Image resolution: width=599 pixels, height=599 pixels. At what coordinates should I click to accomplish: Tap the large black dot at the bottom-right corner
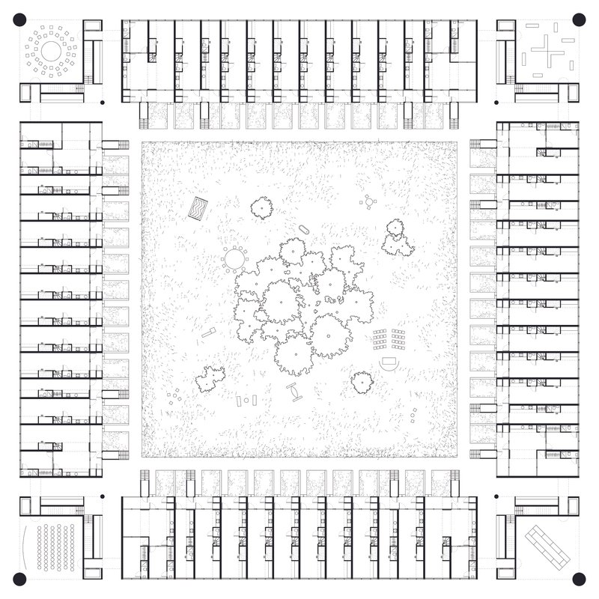pyautogui.click(x=579, y=579)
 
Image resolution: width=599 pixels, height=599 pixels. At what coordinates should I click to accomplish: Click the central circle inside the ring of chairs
pyautogui.click(x=50, y=51)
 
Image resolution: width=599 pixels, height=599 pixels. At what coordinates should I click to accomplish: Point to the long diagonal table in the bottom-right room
pyautogui.click(x=547, y=547)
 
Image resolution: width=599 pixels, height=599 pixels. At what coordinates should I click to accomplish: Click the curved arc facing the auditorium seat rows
pyautogui.click(x=28, y=547)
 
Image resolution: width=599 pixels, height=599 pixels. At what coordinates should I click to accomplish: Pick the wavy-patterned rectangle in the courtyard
pyautogui.click(x=198, y=209)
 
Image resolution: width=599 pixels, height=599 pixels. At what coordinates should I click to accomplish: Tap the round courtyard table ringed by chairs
pyautogui.click(x=234, y=259)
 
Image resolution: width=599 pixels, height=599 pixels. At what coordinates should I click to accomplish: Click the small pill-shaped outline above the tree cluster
pyautogui.click(x=304, y=229)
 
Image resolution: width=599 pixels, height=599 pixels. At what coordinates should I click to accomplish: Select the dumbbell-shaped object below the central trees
pyautogui.click(x=293, y=391)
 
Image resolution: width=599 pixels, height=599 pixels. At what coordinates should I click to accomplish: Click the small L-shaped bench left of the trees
pyautogui.click(x=208, y=332)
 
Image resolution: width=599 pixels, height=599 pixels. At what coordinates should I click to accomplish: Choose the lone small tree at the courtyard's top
pyautogui.click(x=261, y=207)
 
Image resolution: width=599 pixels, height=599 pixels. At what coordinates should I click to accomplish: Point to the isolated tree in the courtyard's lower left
pyautogui.click(x=210, y=378)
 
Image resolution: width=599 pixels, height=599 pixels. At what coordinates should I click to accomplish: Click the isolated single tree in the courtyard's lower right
pyautogui.click(x=362, y=382)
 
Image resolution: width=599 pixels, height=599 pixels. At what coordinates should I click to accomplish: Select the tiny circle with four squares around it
pyautogui.click(x=368, y=201)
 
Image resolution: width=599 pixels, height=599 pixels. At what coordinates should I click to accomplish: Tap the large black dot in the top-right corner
pyautogui.click(x=579, y=19)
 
